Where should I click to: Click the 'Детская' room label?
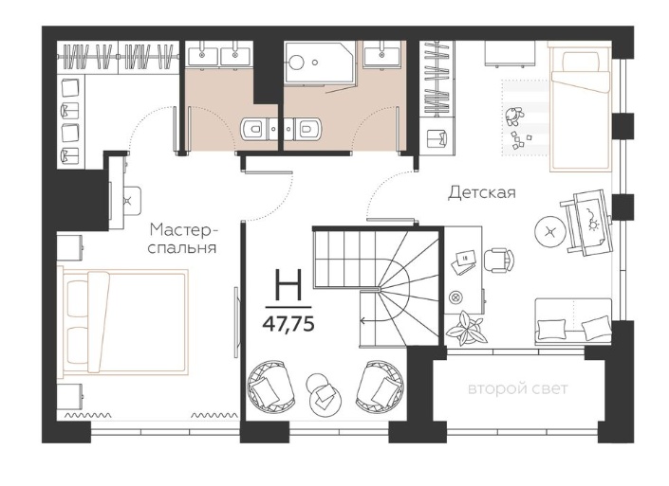click(x=482, y=192)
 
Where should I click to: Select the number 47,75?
click(x=288, y=325)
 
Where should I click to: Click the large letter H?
click(x=288, y=285)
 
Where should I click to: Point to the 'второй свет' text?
click(x=518, y=388)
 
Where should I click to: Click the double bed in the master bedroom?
click(x=123, y=321)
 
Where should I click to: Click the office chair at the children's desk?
click(x=499, y=261)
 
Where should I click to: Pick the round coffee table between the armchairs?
click(x=325, y=394)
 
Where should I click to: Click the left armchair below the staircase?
click(x=269, y=387)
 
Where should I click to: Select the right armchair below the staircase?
click(x=381, y=387)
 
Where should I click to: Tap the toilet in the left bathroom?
click(x=253, y=128)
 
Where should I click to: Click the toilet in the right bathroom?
click(x=308, y=128)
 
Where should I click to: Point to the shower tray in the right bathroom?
click(x=320, y=63)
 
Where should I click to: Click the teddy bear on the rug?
click(x=512, y=116)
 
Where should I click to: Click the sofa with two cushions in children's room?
click(x=573, y=322)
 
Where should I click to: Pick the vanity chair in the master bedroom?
click(x=131, y=201)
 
